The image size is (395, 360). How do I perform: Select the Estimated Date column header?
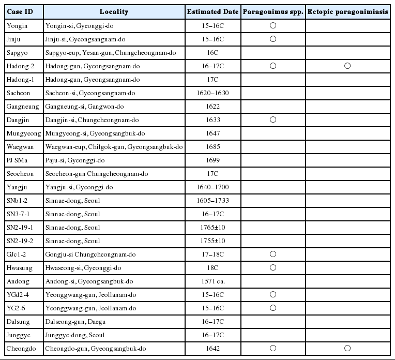(x=212, y=11)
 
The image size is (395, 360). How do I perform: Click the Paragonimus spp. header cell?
(x=273, y=11)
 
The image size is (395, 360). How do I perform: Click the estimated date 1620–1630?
(x=212, y=93)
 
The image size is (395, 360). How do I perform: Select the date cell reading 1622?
(x=212, y=106)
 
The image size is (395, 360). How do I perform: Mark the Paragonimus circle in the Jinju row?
(x=273, y=39)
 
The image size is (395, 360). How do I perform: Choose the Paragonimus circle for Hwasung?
(x=273, y=267)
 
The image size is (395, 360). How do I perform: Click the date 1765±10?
(x=212, y=227)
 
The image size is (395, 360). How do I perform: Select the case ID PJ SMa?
(x=17, y=160)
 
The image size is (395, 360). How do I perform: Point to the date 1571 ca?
(x=212, y=281)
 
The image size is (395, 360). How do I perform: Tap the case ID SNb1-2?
(x=18, y=200)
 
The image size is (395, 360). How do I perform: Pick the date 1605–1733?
(x=212, y=200)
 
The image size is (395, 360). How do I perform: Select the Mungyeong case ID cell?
(x=21, y=133)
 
